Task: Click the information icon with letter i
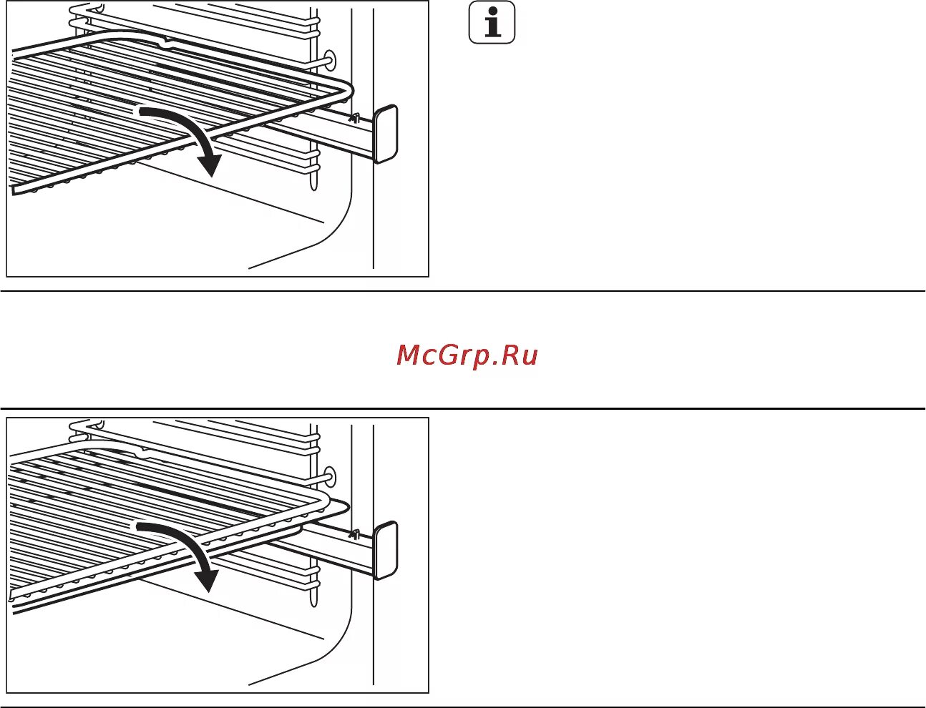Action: [492, 24]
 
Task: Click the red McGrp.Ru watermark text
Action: [467, 355]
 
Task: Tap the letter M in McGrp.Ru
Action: [411, 355]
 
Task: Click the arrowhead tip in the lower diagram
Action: [208, 591]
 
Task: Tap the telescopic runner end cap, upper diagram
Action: [386, 134]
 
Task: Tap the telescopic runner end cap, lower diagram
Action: [385, 549]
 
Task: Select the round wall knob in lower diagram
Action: [329, 476]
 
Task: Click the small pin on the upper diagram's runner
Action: [353, 116]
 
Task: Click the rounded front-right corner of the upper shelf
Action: [349, 91]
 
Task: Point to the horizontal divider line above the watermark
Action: [463, 291]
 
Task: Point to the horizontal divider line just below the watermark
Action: [463, 408]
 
